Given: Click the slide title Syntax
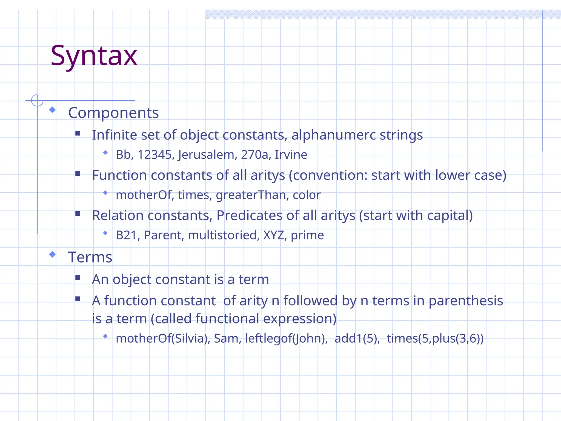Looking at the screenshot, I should point(94,56).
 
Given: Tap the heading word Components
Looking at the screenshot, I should point(113,113).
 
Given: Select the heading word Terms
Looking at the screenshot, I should point(90,257).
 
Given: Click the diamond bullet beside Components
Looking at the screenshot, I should point(52,110).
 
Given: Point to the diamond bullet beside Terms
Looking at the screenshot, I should point(52,255).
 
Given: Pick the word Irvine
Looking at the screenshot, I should point(291,155).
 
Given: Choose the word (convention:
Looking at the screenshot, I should point(328,175).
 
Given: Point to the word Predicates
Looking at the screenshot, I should point(249,215).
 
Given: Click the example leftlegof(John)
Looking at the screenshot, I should point(286,338).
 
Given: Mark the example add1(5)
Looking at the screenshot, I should point(357,338).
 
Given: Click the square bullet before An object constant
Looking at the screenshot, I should point(78,278).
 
